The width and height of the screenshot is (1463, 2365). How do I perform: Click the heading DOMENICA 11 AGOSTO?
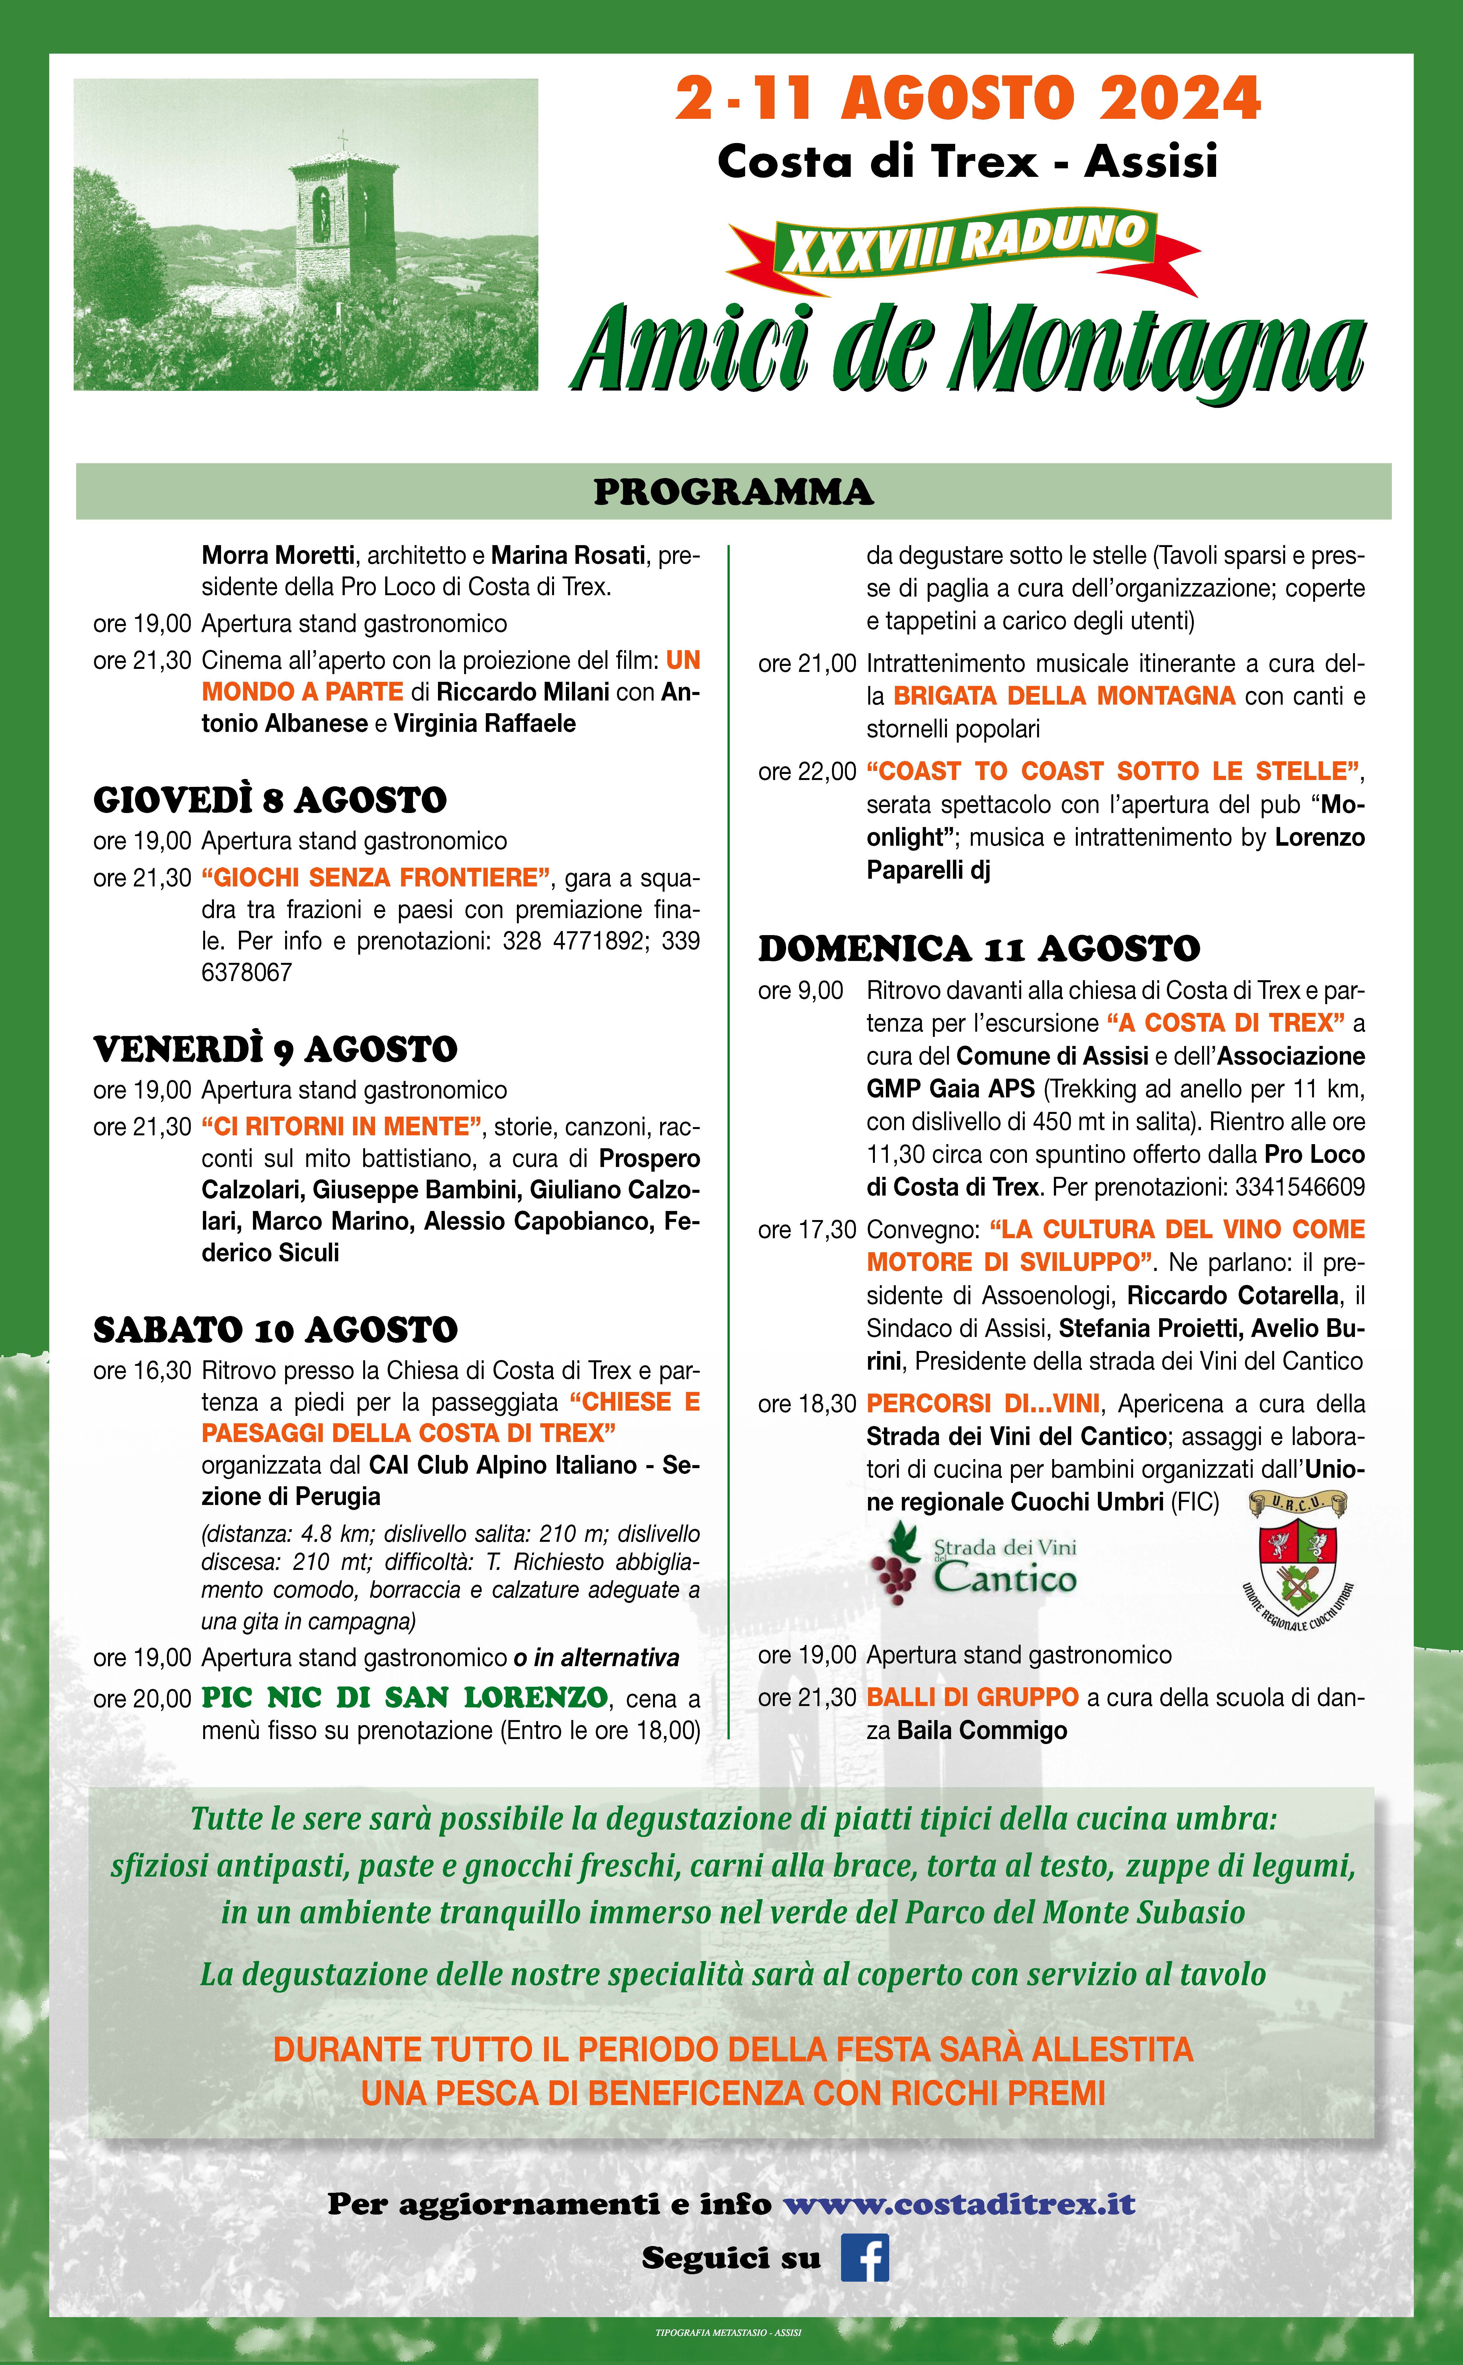pyautogui.click(x=978, y=948)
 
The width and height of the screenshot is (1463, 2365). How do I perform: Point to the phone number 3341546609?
pyautogui.click(x=1299, y=1186)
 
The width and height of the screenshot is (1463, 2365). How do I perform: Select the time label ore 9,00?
pyautogui.click(x=800, y=991)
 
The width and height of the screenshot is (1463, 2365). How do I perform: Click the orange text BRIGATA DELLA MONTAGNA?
pyautogui.click(x=1064, y=696)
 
